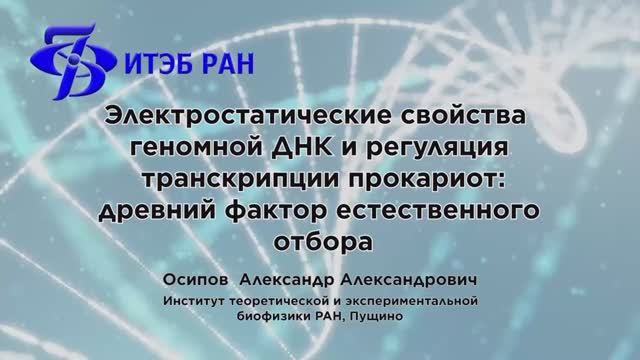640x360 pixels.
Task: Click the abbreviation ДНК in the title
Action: [x=300, y=149]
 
